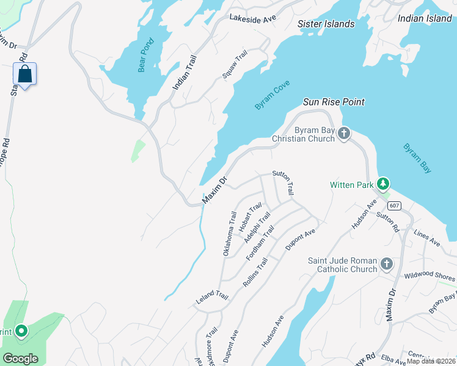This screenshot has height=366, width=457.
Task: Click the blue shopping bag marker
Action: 24,74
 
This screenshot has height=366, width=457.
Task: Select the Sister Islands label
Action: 326,24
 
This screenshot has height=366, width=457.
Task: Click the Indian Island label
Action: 424,19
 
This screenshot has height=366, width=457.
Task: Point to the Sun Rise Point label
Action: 334,102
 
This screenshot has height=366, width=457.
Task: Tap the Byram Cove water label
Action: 272,95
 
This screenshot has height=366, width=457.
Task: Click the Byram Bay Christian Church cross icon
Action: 344,133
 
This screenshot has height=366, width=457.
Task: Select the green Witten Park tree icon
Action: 383,183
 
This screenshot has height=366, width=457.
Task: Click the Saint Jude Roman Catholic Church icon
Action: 386,264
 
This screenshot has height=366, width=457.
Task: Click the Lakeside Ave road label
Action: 253,18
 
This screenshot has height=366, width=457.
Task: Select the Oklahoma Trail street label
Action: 228,234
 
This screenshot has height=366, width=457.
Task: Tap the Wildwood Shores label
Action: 429,276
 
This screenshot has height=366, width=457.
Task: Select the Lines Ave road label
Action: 427,239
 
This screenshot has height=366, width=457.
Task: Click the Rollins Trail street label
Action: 256,271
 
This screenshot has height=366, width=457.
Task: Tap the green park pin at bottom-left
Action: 21,331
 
